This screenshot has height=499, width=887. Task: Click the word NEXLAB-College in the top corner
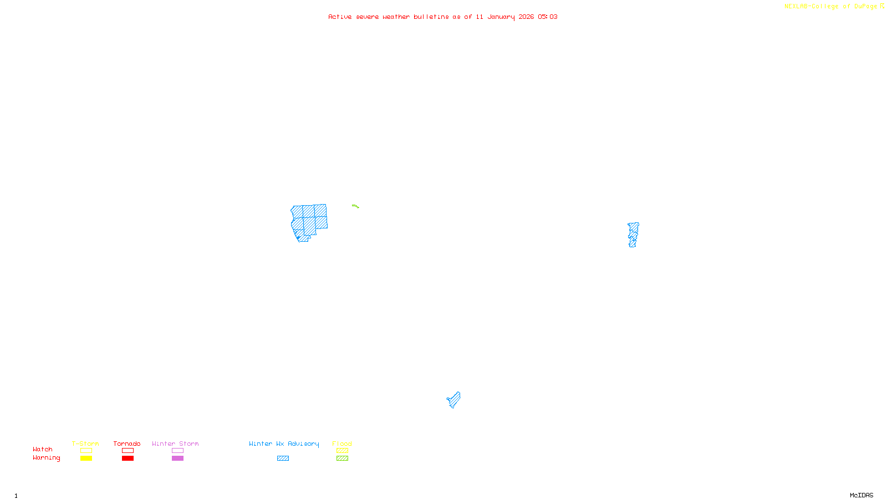[x=811, y=7]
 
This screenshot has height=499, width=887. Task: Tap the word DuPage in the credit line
[x=865, y=7]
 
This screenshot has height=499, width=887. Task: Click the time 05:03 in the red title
[x=548, y=17]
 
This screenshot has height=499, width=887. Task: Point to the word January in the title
[x=501, y=17]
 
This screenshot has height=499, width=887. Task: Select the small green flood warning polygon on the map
[x=355, y=206]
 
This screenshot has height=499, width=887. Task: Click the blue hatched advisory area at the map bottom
[x=454, y=400]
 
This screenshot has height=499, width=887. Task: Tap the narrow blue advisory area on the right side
[x=633, y=235]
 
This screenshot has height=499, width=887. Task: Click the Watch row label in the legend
[x=43, y=450]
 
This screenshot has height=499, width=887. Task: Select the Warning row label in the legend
[x=46, y=458]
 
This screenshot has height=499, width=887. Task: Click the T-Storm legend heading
[x=85, y=444]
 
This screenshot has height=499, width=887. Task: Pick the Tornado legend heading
[x=127, y=444]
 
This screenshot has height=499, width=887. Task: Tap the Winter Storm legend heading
[x=175, y=444]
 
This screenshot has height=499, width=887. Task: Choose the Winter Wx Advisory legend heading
[x=284, y=444]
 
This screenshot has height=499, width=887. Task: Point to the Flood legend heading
[x=342, y=444]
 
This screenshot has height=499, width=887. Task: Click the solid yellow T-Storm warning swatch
[x=86, y=459]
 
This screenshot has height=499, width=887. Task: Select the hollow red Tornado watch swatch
[x=128, y=451]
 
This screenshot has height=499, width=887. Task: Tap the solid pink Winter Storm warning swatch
[x=177, y=459]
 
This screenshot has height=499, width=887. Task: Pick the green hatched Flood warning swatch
[x=342, y=459]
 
